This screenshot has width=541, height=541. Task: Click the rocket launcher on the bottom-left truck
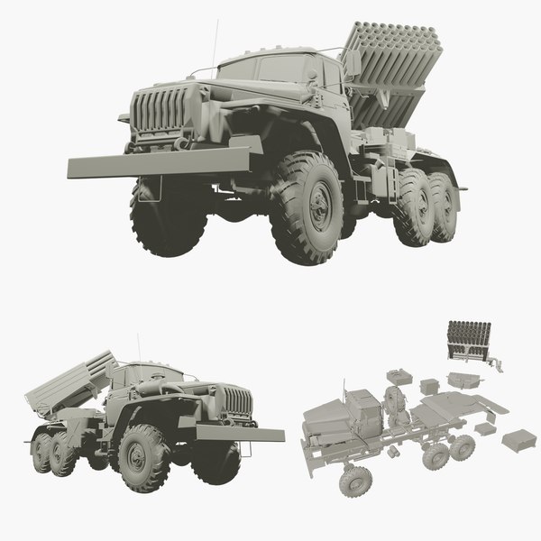(x=69, y=380)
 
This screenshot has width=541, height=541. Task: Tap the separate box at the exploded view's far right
(x=518, y=441)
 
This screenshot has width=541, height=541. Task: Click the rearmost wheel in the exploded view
(x=463, y=446)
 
